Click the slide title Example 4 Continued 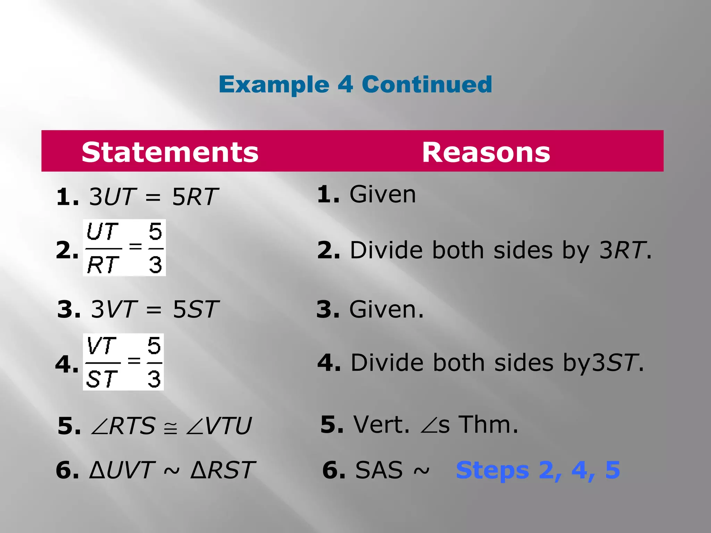point(355,84)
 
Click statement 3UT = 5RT point(153,197)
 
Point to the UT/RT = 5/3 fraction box point(124,248)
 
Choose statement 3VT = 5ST point(154,309)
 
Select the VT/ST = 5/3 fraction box point(123,362)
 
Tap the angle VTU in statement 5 point(219,426)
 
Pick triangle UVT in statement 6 point(121,470)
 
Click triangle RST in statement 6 point(223,470)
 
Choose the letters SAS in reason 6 point(379,470)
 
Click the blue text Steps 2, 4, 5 point(538,470)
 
